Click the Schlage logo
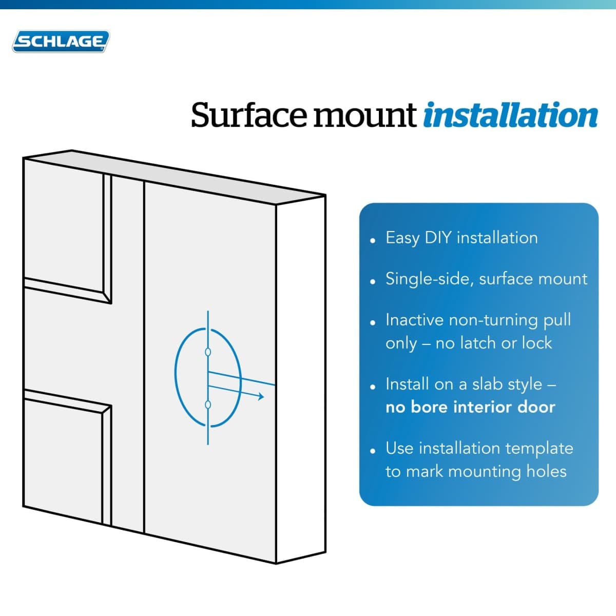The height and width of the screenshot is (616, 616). tap(61, 41)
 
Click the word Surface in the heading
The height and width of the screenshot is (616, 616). tap(248, 115)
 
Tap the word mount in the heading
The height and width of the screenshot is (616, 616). tap(365, 117)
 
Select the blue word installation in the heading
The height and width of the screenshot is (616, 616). tap(510, 115)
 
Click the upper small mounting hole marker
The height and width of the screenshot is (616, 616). tap(208, 352)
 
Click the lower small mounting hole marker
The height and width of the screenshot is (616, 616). tap(208, 405)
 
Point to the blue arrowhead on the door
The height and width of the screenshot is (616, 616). tap(261, 396)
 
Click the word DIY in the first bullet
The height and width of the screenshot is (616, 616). tap(438, 238)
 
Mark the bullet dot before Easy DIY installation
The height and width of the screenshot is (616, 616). tap(372, 241)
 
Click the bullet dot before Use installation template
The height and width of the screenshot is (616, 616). tap(372, 451)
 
